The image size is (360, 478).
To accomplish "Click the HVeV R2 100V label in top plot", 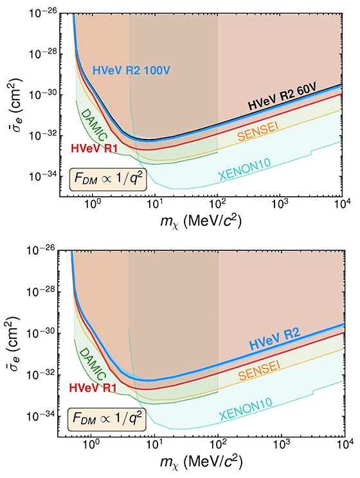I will [x=134, y=69].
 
